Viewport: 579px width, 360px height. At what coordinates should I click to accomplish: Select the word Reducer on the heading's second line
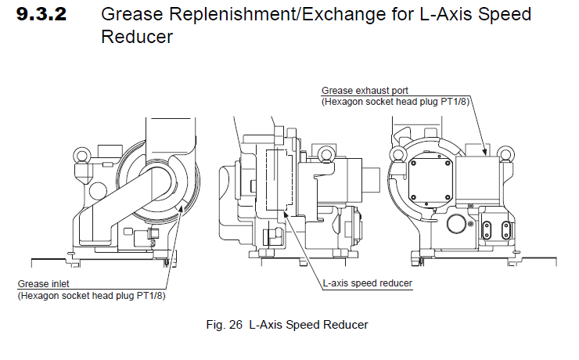pyautogui.click(x=137, y=36)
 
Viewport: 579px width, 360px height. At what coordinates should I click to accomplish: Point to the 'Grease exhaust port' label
pyautogui.click(x=365, y=91)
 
